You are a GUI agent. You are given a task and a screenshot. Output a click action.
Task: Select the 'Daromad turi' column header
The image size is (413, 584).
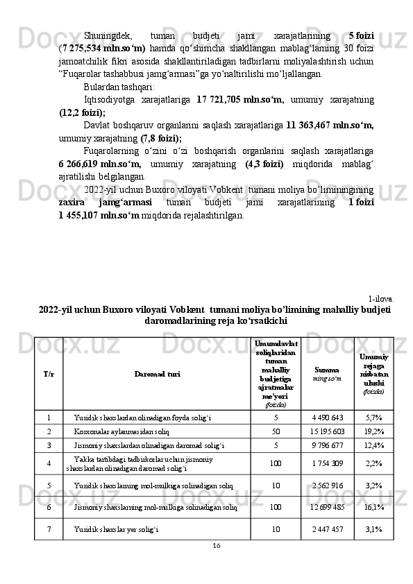pyautogui.click(x=156, y=374)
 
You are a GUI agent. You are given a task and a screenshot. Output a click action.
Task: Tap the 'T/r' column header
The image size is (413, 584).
pyautogui.click(x=49, y=374)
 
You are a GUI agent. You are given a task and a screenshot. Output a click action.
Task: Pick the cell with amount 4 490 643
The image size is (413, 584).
pyautogui.click(x=327, y=418)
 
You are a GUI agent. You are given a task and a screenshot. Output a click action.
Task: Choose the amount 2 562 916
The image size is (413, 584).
pyautogui.click(x=327, y=486)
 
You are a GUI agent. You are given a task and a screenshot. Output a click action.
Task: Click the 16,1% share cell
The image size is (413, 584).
pyautogui.click(x=373, y=507)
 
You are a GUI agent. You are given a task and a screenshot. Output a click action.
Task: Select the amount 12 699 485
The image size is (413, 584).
pyautogui.click(x=327, y=507)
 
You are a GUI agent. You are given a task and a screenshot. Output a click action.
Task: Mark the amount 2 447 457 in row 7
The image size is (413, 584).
pyautogui.click(x=327, y=529)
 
